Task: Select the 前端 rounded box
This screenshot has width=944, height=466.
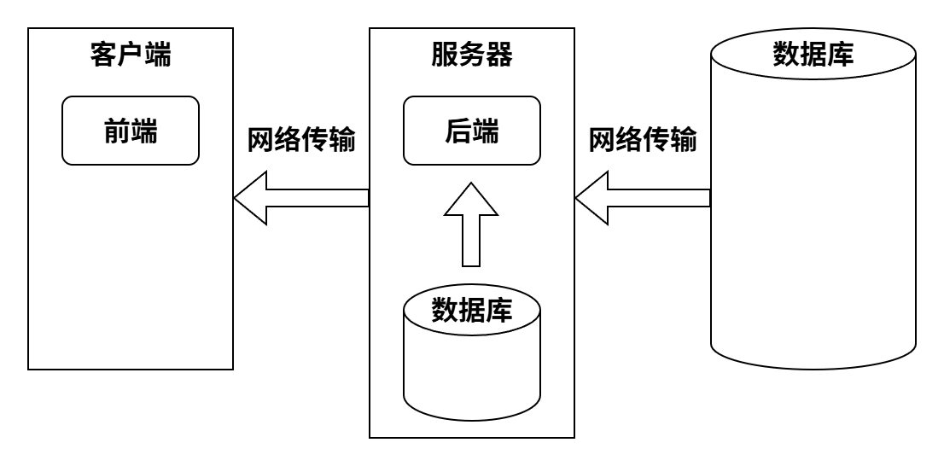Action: tap(131, 131)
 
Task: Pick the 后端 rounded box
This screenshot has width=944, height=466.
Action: tap(472, 131)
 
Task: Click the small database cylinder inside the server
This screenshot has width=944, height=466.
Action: tap(472, 358)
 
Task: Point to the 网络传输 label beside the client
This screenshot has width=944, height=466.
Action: tap(300, 140)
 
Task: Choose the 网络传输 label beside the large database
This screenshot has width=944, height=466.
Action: tap(643, 140)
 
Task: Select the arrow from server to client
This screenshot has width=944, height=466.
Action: tap(301, 198)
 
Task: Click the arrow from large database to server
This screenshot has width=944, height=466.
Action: tap(643, 198)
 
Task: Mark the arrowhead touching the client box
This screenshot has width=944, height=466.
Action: tap(252, 198)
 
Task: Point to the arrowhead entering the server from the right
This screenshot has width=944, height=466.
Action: tap(593, 198)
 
